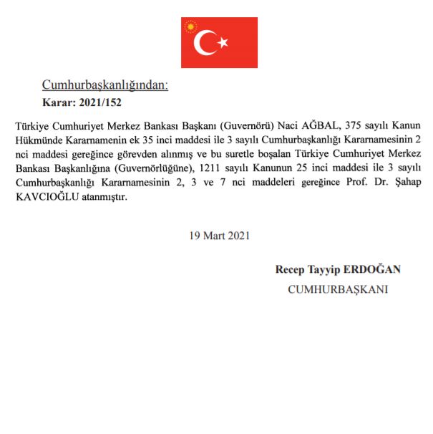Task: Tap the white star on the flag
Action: click(223, 42)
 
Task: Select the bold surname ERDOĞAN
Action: click(374, 270)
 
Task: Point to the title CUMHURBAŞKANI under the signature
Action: click(338, 290)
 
